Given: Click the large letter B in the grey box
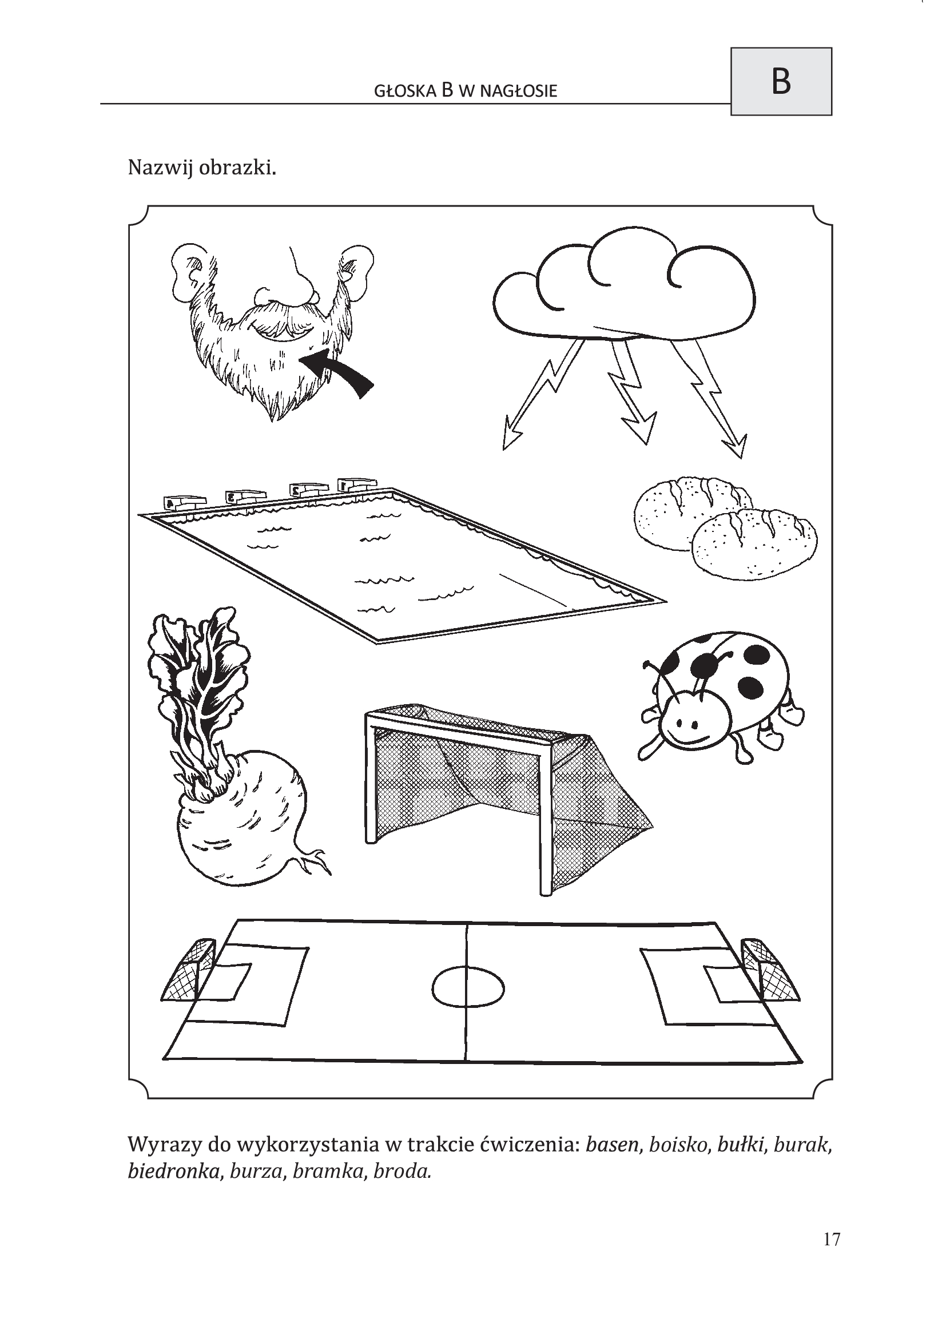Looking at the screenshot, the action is tap(781, 82).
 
